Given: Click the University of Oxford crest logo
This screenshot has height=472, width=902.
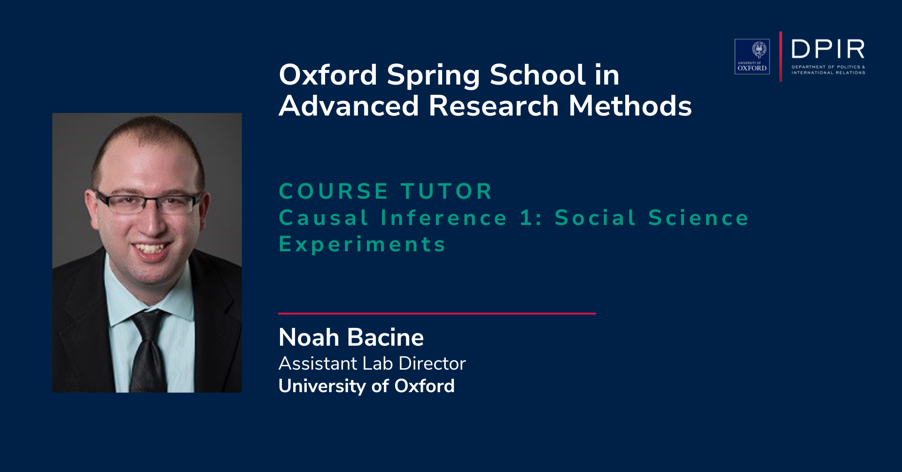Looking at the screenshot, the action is [752, 56].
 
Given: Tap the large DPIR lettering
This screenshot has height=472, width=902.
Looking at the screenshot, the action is [828, 49].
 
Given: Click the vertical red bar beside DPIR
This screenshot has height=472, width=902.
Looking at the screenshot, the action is [781, 56].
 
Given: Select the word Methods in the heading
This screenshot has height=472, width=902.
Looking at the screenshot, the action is [630, 106].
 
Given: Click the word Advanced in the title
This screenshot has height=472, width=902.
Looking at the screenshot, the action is [349, 106].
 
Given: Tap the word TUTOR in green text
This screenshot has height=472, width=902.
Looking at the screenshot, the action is [446, 191].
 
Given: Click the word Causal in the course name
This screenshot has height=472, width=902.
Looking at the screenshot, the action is [324, 218].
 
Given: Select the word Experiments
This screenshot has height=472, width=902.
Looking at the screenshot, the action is [362, 245].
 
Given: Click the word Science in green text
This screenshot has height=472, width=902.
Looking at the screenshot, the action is [699, 218].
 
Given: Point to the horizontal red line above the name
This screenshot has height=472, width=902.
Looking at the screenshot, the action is [437, 313].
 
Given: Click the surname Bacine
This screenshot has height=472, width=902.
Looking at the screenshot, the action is [385, 337].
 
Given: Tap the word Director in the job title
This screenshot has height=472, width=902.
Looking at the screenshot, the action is [432, 364].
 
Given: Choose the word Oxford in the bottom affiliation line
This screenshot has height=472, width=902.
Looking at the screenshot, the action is [424, 386].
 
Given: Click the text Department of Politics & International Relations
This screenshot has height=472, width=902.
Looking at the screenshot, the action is [828, 70].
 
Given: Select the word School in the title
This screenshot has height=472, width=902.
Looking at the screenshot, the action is [538, 75].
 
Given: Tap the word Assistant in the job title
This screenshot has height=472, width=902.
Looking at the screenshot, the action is [318, 364].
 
